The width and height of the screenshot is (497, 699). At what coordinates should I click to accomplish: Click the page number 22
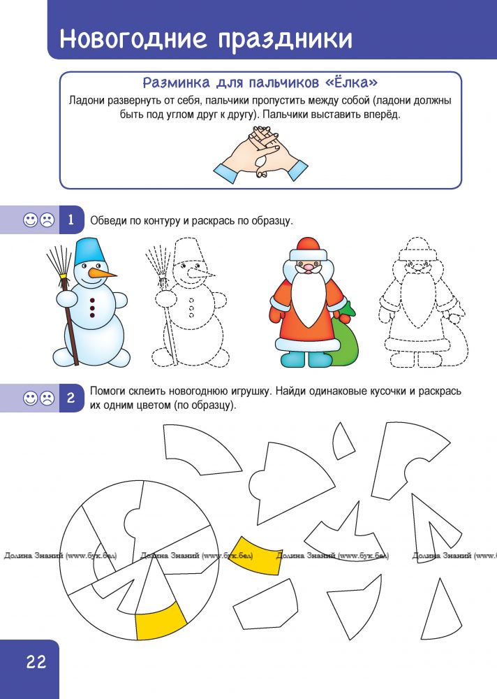(36, 661)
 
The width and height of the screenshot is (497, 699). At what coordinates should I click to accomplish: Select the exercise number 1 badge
(71, 219)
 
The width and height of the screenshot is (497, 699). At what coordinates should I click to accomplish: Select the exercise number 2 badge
(71, 398)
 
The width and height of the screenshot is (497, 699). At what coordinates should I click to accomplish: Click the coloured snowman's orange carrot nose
(102, 273)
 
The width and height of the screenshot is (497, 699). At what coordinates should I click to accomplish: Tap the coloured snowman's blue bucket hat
(91, 251)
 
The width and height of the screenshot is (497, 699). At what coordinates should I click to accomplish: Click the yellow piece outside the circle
(255, 554)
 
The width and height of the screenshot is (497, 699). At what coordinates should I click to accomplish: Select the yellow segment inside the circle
(161, 621)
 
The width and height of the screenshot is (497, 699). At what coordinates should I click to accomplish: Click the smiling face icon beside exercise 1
(30, 219)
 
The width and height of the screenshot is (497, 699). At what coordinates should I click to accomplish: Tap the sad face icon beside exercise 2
(47, 398)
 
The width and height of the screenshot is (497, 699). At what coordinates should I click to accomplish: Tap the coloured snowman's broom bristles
(59, 261)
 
